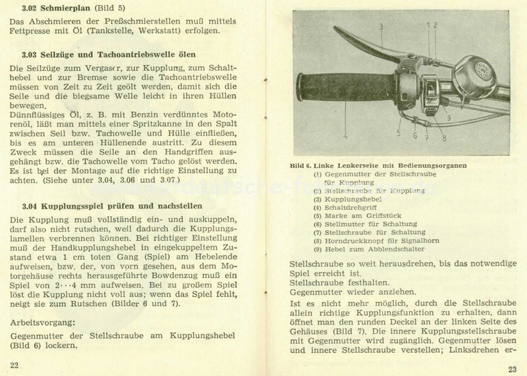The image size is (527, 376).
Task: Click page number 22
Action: (14, 364)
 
